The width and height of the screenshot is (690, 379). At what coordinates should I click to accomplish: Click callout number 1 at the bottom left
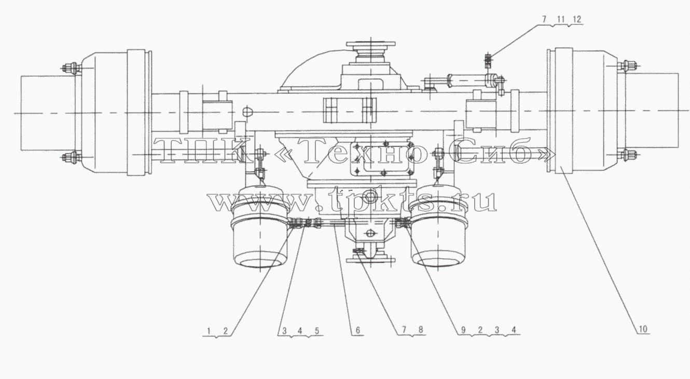coord(209,331)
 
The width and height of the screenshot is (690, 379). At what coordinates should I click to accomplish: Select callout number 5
coord(316,331)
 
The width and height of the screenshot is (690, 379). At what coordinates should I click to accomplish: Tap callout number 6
coord(357,330)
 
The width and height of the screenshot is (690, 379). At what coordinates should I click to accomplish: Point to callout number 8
coord(420,330)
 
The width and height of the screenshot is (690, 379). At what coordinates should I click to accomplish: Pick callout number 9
coord(463,330)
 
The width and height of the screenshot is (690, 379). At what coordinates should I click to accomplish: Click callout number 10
coord(643,329)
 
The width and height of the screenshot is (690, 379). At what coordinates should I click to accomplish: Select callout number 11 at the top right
coord(561,19)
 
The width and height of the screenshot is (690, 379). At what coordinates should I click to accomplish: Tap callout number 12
coord(577,19)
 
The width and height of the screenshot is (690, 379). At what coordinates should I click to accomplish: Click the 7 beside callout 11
coord(544,19)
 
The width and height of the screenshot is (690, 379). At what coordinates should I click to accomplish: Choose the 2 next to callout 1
coord(226,331)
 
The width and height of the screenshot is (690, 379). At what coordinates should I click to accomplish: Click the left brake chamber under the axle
coord(260,227)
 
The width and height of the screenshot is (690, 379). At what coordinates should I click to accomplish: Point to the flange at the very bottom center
coord(370,260)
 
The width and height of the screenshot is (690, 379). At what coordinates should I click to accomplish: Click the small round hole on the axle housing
coord(247,111)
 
